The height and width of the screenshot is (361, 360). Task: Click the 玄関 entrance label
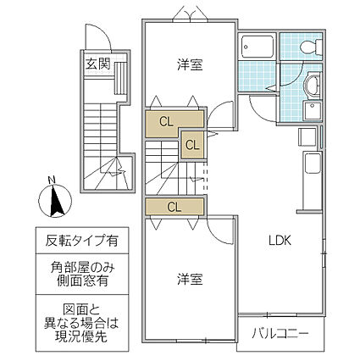coord(97,64)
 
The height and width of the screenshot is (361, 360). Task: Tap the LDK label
coord(280,241)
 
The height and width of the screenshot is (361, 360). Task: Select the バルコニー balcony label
coord(280,334)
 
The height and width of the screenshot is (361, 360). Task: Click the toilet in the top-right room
coord(311,46)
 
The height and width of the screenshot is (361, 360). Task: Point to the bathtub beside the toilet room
coord(257,47)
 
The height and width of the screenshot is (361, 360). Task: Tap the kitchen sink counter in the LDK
coord(313,164)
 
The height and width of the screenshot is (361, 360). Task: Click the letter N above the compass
coord(51,180)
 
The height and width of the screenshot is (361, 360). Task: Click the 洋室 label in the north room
coord(190,64)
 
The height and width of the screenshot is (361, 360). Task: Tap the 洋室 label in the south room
coord(190,279)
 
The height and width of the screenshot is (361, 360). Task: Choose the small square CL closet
coord(192,145)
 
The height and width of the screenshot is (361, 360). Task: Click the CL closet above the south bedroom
coord(174,207)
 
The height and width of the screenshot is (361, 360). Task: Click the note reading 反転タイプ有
coord(82,241)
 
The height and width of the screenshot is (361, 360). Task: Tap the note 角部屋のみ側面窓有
coord(82,274)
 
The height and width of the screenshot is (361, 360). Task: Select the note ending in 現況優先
coord(81,323)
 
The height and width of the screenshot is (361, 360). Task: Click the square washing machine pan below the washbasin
coord(313,111)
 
